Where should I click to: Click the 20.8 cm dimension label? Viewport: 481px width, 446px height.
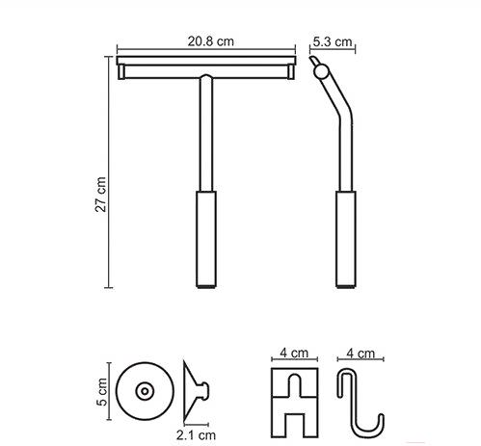[211, 41]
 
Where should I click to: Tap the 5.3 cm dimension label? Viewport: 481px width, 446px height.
[333, 41]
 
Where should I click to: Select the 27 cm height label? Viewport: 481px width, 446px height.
[101, 195]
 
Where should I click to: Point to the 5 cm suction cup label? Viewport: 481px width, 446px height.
[102, 391]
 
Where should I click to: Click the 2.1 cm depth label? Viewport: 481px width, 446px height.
[196, 435]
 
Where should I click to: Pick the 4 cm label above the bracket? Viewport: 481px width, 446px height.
[294, 353]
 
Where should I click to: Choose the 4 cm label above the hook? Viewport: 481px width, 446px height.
[361, 354]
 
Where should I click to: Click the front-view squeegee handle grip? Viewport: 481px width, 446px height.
[206, 238]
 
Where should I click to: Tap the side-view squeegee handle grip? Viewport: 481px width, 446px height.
[346, 238]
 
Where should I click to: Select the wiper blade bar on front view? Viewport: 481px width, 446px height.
[206, 61]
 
